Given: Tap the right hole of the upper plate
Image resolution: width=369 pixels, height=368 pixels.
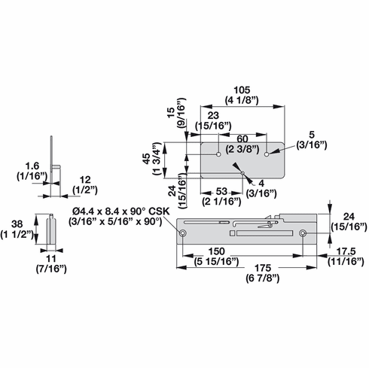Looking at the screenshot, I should click(x=268, y=154).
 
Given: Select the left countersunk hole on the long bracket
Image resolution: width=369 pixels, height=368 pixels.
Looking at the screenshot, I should click(x=183, y=234).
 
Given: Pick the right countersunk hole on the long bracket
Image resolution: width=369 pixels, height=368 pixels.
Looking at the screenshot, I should click(x=302, y=234).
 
